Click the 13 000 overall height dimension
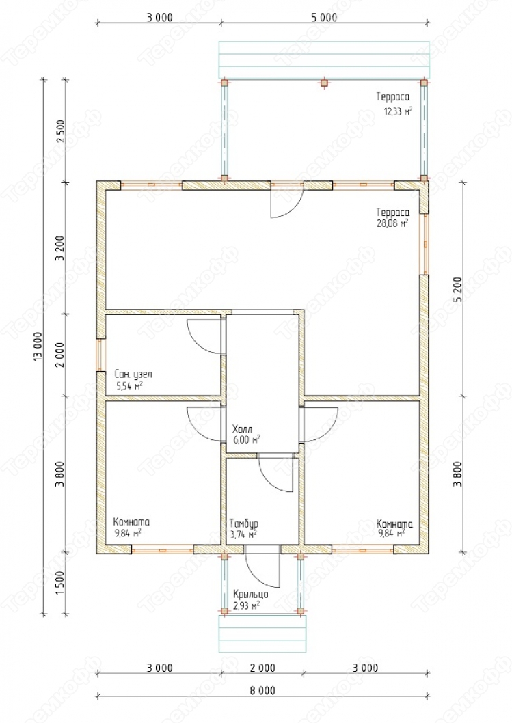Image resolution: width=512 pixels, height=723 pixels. (x=38, y=346)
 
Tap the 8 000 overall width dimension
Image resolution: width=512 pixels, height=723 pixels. (x=263, y=690)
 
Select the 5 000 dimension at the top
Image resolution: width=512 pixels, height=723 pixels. (x=324, y=18)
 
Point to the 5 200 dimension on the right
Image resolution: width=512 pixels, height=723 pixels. (x=457, y=290)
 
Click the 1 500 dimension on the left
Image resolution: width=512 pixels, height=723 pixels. (x=60, y=583)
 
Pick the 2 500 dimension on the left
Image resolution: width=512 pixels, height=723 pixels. (x=60, y=131)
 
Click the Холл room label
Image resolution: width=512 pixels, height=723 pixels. (x=242, y=429)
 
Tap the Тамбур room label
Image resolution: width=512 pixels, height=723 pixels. (x=244, y=523)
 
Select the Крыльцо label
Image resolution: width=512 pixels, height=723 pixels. (x=250, y=595)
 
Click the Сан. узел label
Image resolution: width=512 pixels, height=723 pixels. (x=133, y=374)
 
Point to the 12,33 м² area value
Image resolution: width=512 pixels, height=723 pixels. (x=398, y=111)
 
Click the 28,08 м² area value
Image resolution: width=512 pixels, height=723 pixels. (x=392, y=224)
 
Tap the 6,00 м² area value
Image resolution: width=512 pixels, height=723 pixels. (x=247, y=439)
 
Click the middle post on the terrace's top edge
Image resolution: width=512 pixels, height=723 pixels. (x=324, y=83)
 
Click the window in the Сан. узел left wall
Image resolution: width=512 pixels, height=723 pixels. (x=99, y=355)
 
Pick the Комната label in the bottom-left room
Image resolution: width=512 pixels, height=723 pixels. (x=131, y=522)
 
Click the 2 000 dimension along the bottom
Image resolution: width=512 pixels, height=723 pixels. (x=263, y=668)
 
